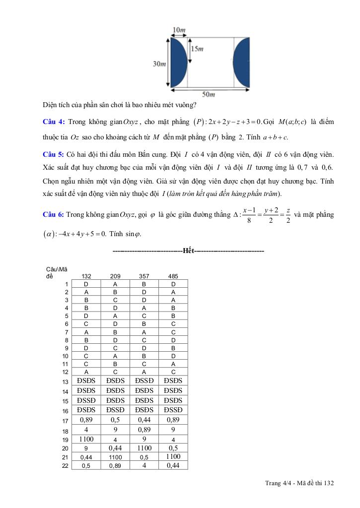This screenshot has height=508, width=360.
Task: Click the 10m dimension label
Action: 179,30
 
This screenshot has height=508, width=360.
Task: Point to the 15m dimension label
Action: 197,49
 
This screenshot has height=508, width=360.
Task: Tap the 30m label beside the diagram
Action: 159,64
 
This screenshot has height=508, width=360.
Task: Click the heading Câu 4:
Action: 53,122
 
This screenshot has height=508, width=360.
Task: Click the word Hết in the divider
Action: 188,251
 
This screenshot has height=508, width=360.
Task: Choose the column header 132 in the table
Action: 86,276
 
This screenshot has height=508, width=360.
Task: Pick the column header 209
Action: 115,276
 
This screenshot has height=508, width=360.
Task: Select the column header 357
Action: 144,276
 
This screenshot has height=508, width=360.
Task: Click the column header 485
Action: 173,276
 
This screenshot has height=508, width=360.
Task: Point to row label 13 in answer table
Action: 65,382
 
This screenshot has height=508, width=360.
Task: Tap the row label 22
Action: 65,465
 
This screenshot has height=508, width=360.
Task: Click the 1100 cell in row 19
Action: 86,439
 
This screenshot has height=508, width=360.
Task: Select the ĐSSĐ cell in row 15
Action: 86,400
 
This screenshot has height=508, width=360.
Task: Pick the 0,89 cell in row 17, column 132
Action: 86,420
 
